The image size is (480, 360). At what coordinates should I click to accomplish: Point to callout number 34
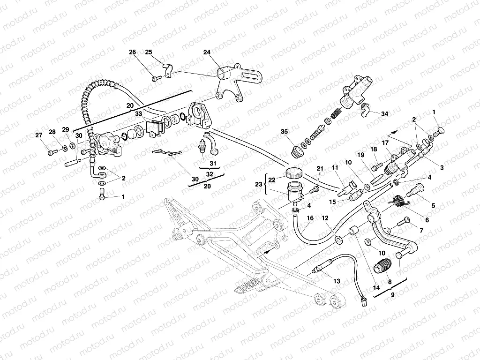click(x=385, y=114)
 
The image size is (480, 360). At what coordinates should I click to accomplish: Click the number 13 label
click(x=337, y=281)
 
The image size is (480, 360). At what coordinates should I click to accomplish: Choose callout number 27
click(x=38, y=135)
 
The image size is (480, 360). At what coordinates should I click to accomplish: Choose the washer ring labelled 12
click(x=338, y=240)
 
